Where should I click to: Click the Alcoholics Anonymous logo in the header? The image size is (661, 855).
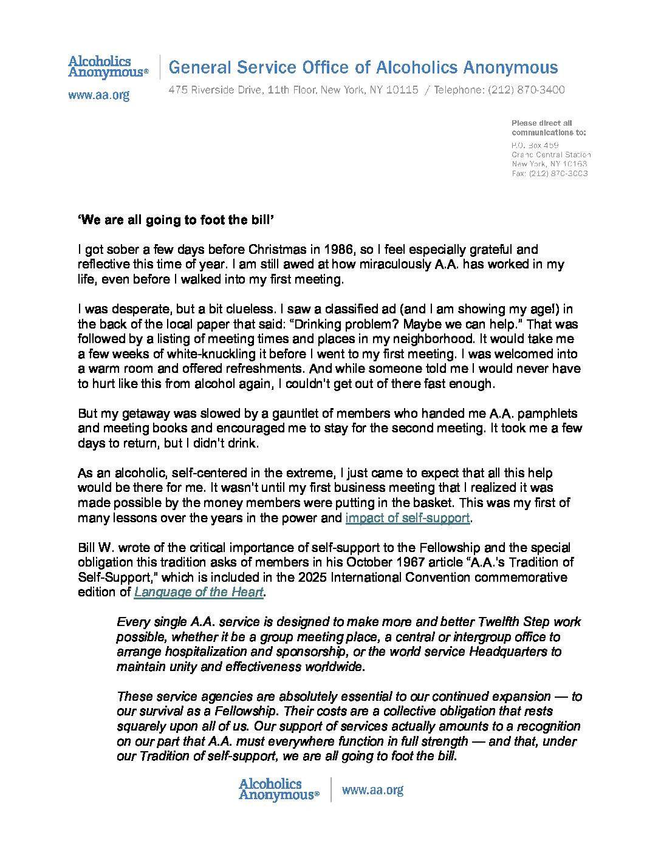pos(108,67)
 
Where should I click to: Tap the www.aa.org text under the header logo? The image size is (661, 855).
pos(98,95)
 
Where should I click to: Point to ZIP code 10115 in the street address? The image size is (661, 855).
pos(402,90)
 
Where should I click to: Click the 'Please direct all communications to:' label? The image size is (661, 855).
pos(548,128)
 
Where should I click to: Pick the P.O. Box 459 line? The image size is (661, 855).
pos(535,145)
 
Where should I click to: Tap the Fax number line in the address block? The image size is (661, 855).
pos(549,174)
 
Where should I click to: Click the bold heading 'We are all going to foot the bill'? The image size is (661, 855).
pos(176,220)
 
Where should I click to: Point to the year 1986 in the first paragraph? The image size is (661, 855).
pos(338,250)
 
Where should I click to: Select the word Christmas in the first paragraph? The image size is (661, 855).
pos(277,250)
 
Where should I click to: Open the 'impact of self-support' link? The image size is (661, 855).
pos(407,518)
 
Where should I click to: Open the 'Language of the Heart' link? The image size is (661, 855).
pos(199,592)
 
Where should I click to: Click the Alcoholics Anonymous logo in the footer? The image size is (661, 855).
pos(278,789)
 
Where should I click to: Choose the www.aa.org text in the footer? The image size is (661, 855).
pos(372,790)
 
